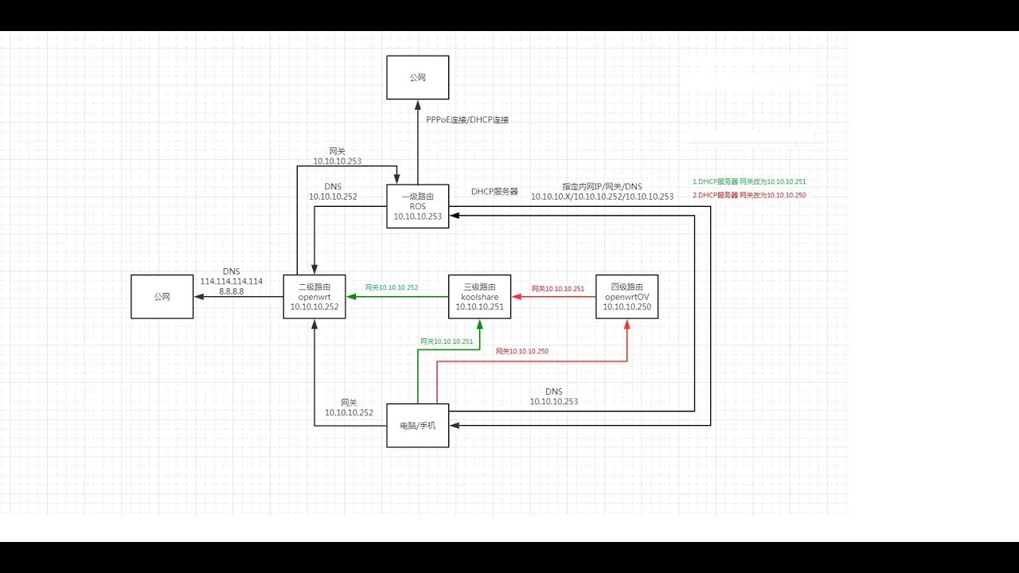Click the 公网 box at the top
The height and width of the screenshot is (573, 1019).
tap(417, 77)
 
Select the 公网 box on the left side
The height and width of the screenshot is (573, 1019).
tap(162, 296)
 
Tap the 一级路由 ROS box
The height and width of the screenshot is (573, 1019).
tap(417, 206)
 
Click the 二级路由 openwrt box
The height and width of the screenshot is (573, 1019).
tap(314, 296)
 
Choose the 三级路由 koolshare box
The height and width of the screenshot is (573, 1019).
tap(479, 296)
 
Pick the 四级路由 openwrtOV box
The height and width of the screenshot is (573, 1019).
tap(627, 296)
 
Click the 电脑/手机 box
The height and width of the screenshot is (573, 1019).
tap(417, 426)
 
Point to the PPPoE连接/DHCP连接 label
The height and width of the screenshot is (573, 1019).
tap(467, 119)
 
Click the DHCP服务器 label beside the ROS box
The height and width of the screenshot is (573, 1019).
tap(494, 192)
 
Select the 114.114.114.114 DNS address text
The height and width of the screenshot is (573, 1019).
tap(232, 282)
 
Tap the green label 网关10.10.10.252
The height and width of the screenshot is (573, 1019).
tap(391, 287)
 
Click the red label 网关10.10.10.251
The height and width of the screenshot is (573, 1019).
tap(557, 289)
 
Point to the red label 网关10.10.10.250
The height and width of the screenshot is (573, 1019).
tap(521, 351)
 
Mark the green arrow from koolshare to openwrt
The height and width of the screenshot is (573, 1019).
tap(396, 297)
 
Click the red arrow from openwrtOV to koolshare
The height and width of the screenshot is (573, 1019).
tap(553, 297)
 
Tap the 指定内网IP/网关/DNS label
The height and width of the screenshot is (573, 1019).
tap(602, 186)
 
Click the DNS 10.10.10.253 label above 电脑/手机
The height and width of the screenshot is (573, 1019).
tap(553, 396)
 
